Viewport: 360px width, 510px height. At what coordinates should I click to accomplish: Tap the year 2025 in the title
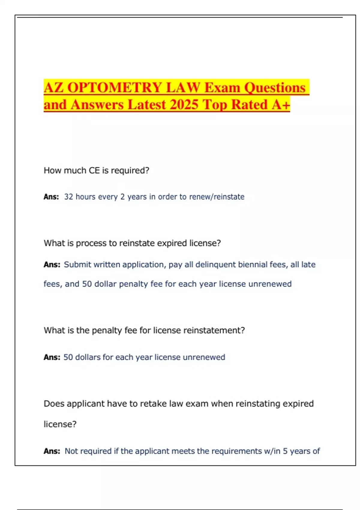(x=184, y=105)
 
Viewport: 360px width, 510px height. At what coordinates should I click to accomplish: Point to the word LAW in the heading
(x=183, y=88)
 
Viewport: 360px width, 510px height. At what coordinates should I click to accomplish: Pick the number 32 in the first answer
(x=69, y=197)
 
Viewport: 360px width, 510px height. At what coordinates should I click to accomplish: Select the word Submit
(x=77, y=265)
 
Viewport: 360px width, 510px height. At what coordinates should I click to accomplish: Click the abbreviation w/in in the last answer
(x=272, y=451)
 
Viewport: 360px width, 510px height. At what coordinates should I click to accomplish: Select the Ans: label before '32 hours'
(x=51, y=197)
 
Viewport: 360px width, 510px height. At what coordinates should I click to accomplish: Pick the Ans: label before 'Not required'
(x=52, y=451)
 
